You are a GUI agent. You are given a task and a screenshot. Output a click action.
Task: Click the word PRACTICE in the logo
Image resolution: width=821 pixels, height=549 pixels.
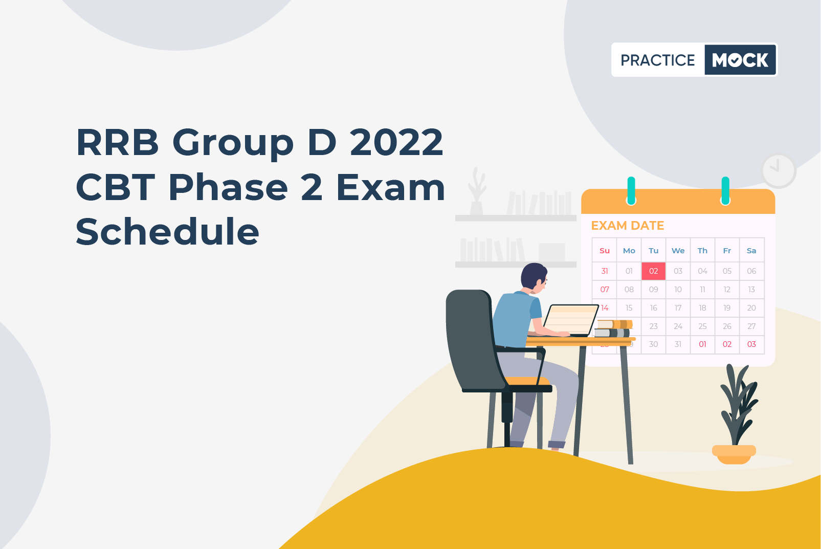(x=657, y=60)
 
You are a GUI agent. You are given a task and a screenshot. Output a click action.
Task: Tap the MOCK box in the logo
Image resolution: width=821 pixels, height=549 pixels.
(x=740, y=60)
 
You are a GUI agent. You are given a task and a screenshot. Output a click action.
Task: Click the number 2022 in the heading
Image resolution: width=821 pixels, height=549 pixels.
(x=396, y=142)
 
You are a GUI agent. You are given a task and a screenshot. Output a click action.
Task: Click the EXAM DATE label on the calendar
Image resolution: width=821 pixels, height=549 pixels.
(x=628, y=226)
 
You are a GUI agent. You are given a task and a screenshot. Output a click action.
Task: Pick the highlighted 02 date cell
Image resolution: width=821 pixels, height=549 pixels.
(x=654, y=271)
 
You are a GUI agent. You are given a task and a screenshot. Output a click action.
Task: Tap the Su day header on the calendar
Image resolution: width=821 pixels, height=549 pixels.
(x=605, y=251)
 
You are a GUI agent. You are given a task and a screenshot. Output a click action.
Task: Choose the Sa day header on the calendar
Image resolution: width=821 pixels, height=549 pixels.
(x=751, y=251)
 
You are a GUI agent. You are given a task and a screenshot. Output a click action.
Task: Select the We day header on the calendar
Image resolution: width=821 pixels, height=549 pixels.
(x=678, y=251)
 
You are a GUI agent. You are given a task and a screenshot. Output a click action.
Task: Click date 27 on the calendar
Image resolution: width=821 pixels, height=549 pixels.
(x=751, y=326)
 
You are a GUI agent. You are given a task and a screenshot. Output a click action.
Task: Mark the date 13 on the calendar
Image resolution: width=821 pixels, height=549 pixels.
(x=751, y=290)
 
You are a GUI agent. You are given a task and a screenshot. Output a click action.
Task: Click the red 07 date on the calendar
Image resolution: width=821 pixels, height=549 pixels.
(x=605, y=290)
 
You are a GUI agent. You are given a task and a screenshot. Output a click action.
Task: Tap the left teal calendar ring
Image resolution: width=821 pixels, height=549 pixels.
(x=631, y=190)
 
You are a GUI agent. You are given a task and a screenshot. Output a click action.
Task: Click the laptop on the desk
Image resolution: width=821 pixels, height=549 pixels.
(x=570, y=320)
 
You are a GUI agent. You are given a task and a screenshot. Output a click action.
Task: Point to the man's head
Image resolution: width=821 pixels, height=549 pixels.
(x=535, y=277)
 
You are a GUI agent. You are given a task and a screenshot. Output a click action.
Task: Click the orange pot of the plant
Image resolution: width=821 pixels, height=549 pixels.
(x=734, y=454)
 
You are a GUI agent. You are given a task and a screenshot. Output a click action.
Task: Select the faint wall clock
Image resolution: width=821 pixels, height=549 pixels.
(x=779, y=171)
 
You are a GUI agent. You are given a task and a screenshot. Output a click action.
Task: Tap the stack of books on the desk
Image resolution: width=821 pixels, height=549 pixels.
(x=613, y=329)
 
